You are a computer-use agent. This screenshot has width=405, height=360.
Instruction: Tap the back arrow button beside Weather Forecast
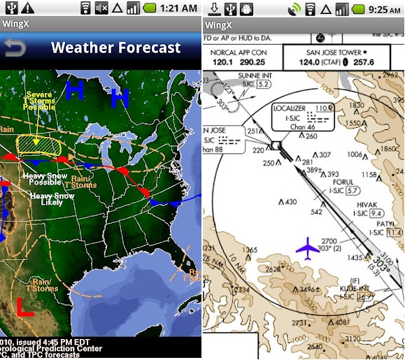coord(15,48)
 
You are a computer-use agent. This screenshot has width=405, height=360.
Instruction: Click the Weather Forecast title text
coord(116,48)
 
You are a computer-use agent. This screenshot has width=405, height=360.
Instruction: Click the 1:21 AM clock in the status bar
coord(177,8)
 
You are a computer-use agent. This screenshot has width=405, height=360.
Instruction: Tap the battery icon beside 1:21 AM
coord(150,8)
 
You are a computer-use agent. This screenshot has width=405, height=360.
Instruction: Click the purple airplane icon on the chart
coord(306,246)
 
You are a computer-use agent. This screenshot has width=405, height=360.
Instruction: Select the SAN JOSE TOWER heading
coord(340,52)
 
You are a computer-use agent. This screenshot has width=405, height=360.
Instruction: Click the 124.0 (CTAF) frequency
coord(328,63)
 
